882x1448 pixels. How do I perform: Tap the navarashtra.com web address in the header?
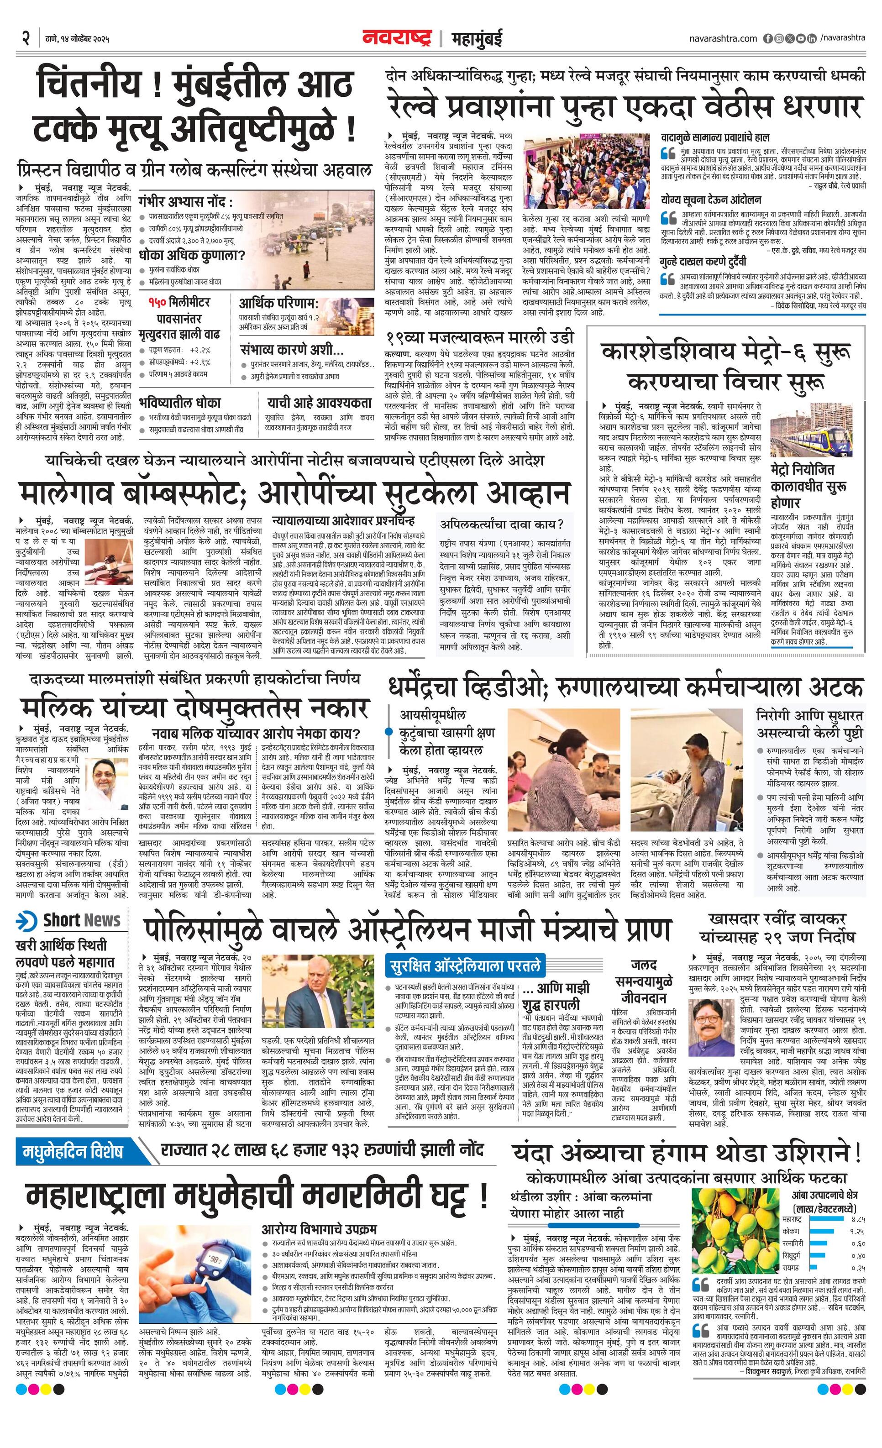pyautogui.click(x=723, y=38)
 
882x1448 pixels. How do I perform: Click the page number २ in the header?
pyautogui.click(x=25, y=38)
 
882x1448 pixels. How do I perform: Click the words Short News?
pyautogui.click(x=82, y=920)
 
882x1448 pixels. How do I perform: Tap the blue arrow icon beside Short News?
pyautogui.click(x=27, y=920)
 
